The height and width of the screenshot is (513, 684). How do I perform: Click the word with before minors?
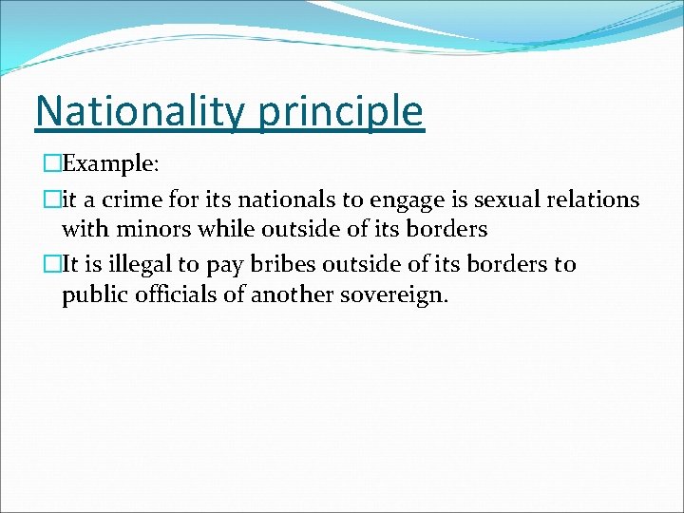coord(83,229)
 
